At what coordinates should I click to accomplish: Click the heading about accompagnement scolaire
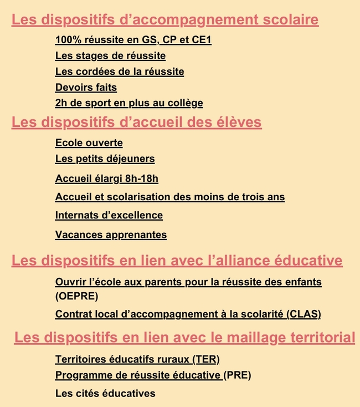[x=165, y=21]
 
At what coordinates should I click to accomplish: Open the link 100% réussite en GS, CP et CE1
[x=133, y=40]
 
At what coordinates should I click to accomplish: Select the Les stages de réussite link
[x=110, y=55]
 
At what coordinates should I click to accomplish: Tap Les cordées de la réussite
[x=120, y=72]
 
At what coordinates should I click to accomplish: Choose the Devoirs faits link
[x=86, y=87]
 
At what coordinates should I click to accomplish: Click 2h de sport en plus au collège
[x=129, y=103]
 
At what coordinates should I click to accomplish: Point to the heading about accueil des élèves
[x=136, y=122]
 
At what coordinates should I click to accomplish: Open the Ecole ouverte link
[x=89, y=143]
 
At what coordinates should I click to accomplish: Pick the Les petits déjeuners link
[x=105, y=159]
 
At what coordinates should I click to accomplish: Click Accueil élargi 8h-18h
[x=107, y=179]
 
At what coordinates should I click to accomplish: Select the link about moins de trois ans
[x=170, y=197]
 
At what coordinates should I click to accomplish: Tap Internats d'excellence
[x=109, y=215]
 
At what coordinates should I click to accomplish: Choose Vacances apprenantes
[x=111, y=235]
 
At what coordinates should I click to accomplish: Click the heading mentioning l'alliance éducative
[x=177, y=261]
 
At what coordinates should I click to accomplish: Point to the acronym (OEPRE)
[x=76, y=296]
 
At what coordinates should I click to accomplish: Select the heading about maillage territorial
[x=184, y=337]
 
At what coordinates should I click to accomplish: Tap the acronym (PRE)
[x=238, y=375]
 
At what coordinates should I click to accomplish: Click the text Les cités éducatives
[x=105, y=394]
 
